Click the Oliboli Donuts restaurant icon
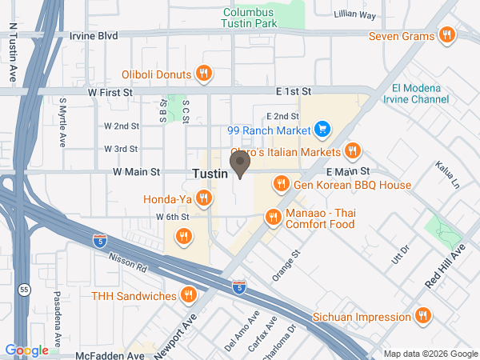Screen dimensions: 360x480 pos(204,74)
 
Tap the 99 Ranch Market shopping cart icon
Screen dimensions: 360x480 pos(322,129)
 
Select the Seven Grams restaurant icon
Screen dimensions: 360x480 pos(446,36)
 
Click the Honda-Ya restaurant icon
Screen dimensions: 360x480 pos(204,197)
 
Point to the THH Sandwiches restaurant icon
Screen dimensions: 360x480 pos(188,295)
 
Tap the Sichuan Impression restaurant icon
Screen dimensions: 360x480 pos(423,316)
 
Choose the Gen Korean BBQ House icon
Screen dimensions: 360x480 pos(281,185)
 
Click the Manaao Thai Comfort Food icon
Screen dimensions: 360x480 pos(273,216)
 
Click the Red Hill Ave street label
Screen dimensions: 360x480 pos(446,268)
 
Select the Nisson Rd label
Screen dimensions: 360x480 pos(131,254)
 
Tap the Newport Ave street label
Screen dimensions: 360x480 pos(184,327)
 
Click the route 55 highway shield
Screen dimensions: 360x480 pos(26,290)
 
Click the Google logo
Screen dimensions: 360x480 pos(27,350)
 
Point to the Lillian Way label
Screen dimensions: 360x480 pos(356,14)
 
